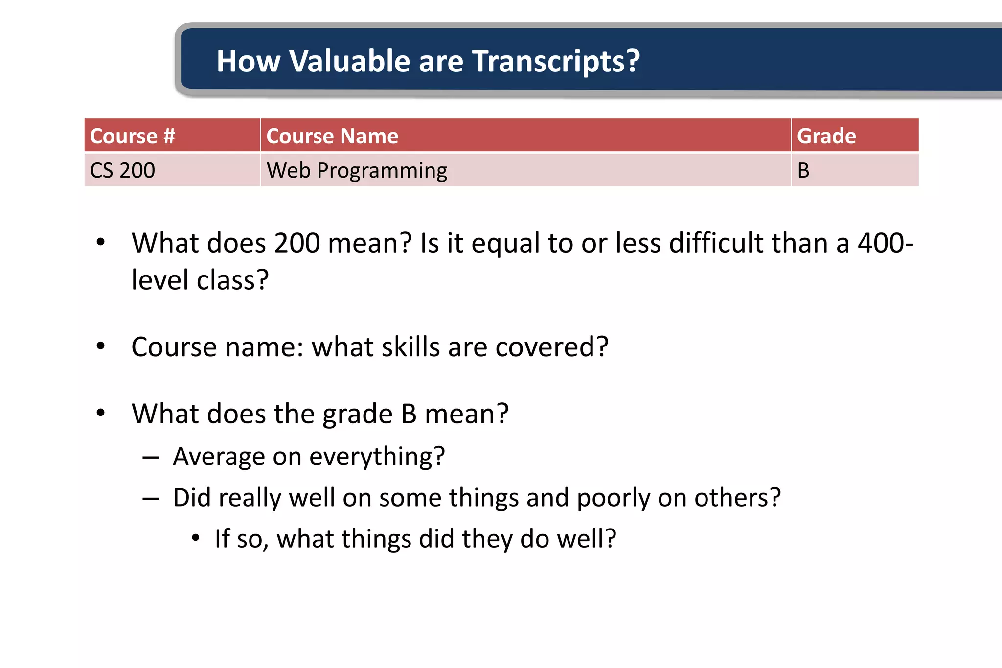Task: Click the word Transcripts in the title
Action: pyautogui.click(x=556, y=62)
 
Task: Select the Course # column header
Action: pyautogui.click(x=133, y=136)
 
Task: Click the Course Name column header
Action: pyautogui.click(x=332, y=136)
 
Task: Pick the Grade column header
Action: pyautogui.click(x=826, y=136)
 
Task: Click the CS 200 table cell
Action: pyautogui.click(x=122, y=170)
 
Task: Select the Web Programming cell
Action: pyautogui.click(x=357, y=170)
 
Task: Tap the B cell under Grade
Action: pyautogui.click(x=803, y=170)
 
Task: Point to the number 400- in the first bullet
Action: pyautogui.click(x=886, y=243)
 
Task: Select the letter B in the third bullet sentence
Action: pyautogui.click(x=409, y=414)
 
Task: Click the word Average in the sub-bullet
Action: pyautogui.click(x=219, y=457)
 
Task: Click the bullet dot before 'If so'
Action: pyautogui.click(x=196, y=538)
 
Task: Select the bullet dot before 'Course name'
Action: pyautogui.click(x=101, y=346)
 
